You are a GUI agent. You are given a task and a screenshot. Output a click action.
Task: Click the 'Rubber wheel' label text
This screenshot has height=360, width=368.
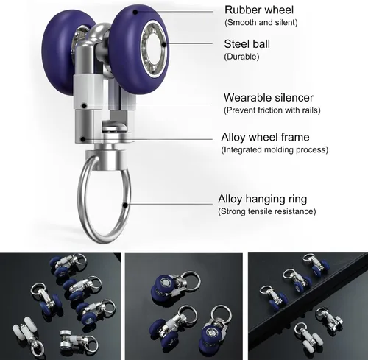(259, 10)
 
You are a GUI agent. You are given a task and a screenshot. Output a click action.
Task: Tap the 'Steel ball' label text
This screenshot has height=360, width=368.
(247, 44)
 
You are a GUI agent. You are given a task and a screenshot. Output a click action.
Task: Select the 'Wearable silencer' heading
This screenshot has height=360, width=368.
(269, 98)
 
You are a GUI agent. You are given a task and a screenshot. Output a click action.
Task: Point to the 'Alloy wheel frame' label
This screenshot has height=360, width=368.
(265, 137)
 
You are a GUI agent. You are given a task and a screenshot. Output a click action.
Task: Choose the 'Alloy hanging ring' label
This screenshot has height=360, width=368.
(262, 199)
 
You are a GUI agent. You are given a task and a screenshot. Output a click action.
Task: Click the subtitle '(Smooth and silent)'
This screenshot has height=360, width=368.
(261, 23)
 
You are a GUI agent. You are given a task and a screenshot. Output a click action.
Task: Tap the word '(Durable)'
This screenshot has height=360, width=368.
(241, 57)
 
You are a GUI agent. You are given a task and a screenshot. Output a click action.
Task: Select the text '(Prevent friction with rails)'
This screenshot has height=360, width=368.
(272, 110)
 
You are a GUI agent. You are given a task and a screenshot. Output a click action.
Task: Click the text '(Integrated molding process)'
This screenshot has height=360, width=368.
(275, 149)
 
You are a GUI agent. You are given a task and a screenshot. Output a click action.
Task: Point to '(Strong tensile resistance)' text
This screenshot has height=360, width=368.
(267, 211)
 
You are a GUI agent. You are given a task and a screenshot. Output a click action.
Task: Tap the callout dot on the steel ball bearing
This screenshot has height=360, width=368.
(163, 44)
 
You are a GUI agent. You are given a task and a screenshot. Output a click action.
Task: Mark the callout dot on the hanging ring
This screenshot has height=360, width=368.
(125, 205)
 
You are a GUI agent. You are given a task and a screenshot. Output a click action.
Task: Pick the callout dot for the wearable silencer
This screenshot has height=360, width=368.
(84, 106)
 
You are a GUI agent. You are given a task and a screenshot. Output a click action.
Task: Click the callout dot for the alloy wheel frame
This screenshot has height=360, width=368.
(83, 139)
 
